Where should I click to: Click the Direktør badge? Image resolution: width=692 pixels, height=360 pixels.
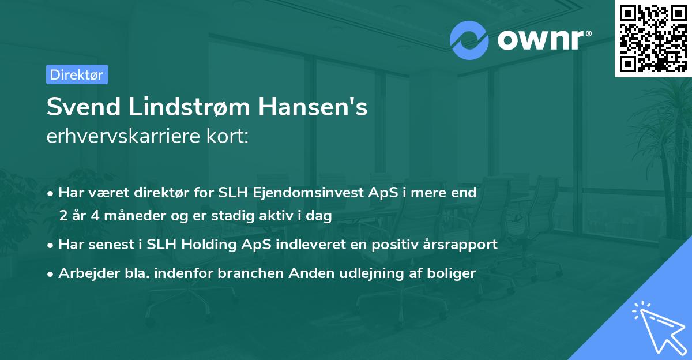[x=77, y=74]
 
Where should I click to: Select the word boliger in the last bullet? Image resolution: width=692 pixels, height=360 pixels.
[x=454, y=273]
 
